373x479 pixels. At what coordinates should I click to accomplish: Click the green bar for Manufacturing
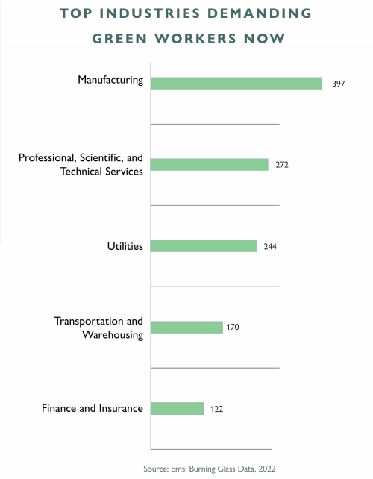pyautogui.click(x=236, y=84)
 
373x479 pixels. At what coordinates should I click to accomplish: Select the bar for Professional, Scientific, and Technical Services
pyautogui.click(x=210, y=165)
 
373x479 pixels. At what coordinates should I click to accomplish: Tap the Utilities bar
pyautogui.click(x=204, y=246)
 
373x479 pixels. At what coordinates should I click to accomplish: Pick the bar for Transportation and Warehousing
pyautogui.click(x=187, y=327)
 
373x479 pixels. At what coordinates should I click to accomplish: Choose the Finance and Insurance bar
pyautogui.click(x=178, y=408)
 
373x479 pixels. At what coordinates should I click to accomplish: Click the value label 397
pyautogui.click(x=339, y=84)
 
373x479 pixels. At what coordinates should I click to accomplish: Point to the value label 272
pyautogui.click(x=281, y=165)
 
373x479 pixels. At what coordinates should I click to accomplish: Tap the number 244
pyautogui.click(x=270, y=246)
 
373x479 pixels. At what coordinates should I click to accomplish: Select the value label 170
pyautogui.click(x=233, y=327)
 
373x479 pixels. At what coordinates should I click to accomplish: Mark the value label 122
pyautogui.click(x=216, y=409)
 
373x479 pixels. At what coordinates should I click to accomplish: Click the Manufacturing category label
pyautogui.click(x=110, y=80)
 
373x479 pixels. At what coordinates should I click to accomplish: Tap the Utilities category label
pyautogui.click(x=125, y=245)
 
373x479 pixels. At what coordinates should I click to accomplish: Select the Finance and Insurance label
pyautogui.click(x=92, y=408)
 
